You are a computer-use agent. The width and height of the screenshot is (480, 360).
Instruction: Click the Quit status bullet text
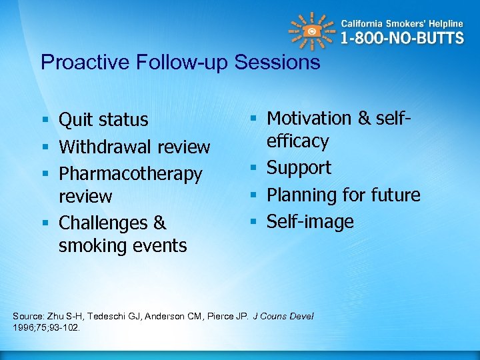coord(103,120)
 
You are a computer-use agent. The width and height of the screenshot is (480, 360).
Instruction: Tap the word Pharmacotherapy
coord(130,174)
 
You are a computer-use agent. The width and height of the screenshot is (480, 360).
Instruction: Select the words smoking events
coord(123,246)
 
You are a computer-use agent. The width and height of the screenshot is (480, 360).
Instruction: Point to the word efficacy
coord(298,141)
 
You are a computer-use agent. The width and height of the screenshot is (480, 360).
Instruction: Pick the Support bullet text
coord(299,168)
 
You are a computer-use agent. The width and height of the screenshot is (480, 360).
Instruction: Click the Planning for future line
coord(343,195)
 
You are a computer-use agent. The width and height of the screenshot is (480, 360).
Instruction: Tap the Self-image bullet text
coord(310,221)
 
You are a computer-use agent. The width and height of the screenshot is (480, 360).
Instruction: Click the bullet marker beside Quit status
coord(45,121)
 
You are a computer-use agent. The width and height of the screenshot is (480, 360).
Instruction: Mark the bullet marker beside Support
coord(253,169)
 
